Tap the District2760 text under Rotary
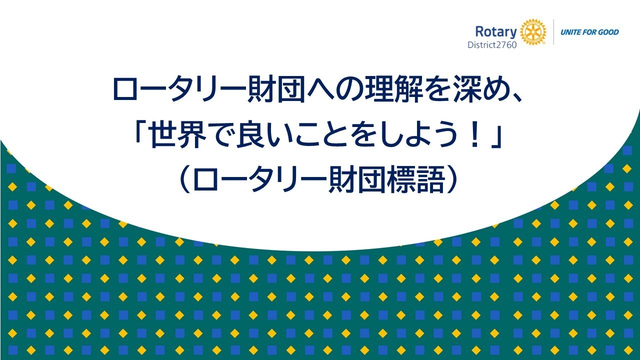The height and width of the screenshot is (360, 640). coord(492,45)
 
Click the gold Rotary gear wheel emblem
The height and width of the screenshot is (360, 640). coord(532,32)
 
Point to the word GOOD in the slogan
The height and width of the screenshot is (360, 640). coord(608,32)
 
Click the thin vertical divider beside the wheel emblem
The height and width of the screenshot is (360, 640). coord(553,32)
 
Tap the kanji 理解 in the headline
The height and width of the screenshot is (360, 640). coord(394,89)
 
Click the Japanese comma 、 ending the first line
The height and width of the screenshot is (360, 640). coord(517,97)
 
